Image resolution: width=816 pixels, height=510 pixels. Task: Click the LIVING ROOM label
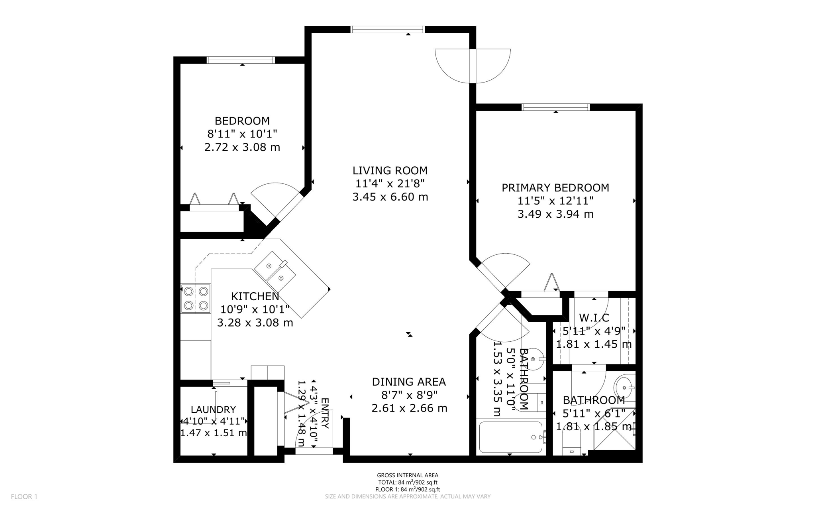390,171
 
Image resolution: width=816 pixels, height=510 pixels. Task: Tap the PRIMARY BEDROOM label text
555,188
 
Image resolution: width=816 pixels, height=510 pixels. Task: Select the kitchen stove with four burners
196,299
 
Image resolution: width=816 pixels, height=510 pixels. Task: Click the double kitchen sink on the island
275,271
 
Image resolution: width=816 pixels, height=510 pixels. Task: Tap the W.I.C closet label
594,318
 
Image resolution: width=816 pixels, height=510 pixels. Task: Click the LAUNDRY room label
213,410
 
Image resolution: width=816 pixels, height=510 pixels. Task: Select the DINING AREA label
409,382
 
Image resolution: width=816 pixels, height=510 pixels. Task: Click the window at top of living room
387,29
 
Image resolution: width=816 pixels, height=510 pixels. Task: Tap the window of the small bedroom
241,60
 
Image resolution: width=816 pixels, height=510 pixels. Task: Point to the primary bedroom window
555,107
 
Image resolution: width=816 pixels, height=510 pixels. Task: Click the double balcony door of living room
473,66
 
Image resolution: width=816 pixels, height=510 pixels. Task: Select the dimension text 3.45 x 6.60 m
390,197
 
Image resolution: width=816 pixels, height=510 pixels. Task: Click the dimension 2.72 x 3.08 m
242,148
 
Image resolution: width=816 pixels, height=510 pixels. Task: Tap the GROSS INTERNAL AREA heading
408,475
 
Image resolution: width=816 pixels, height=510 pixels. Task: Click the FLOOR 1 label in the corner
24,497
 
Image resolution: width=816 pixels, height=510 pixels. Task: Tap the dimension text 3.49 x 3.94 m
555,215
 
